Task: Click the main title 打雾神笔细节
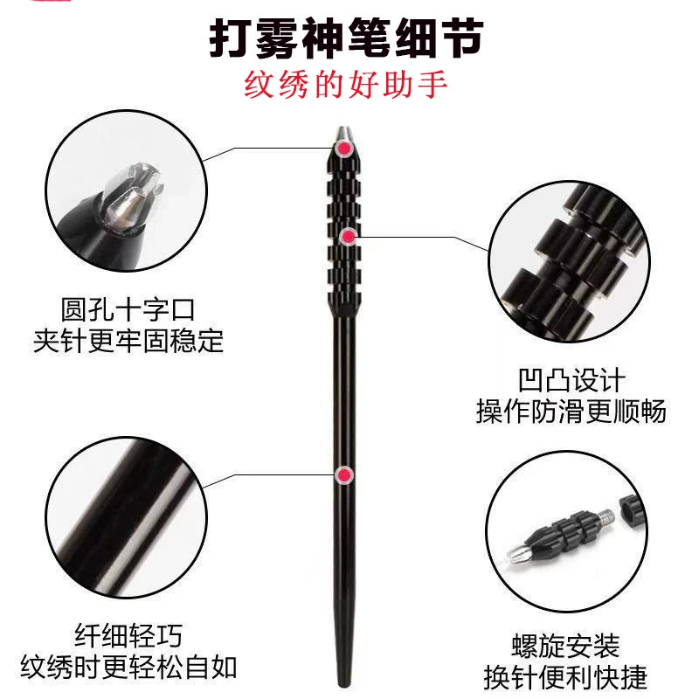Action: click(x=346, y=38)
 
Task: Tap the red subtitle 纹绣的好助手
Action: click(x=346, y=85)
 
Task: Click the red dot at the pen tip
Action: click(x=343, y=148)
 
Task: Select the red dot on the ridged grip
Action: click(x=349, y=236)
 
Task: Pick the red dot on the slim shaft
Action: click(x=344, y=475)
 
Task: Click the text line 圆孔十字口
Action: click(x=128, y=309)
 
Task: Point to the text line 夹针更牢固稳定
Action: click(x=128, y=341)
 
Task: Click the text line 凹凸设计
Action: click(x=571, y=380)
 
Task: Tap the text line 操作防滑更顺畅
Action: click(x=571, y=411)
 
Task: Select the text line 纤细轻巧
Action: click(x=128, y=635)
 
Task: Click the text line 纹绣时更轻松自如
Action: click(x=128, y=668)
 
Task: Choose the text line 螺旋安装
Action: click(x=565, y=646)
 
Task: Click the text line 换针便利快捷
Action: click(x=565, y=677)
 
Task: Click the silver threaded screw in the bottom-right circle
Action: click(x=605, y=517)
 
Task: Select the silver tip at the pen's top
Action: click(x=343, y=133)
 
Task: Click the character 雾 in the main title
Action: click(x=277, y=38)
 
